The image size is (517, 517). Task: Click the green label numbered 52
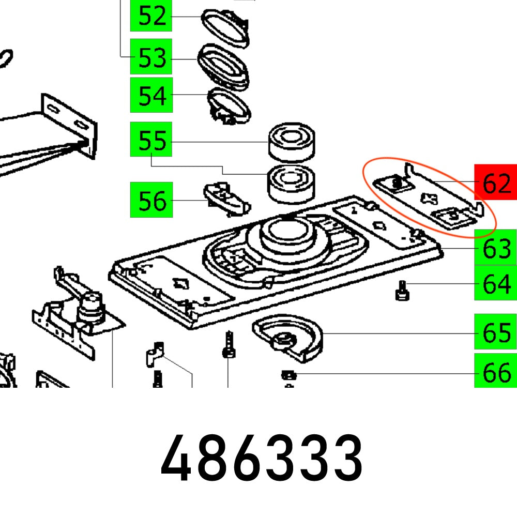coord(151,17)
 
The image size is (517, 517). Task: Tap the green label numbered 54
coord(151,96)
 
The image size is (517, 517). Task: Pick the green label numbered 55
coord(151,140)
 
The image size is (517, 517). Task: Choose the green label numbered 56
coord(151,200)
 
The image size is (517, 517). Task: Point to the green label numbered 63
coord(495,249)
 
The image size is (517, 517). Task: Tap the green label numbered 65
coord(495,333)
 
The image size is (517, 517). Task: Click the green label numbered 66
coord(495,372)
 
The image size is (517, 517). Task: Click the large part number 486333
coord(261,459)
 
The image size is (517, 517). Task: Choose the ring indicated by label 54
coord(230,104)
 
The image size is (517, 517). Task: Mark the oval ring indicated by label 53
coord(224,65)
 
